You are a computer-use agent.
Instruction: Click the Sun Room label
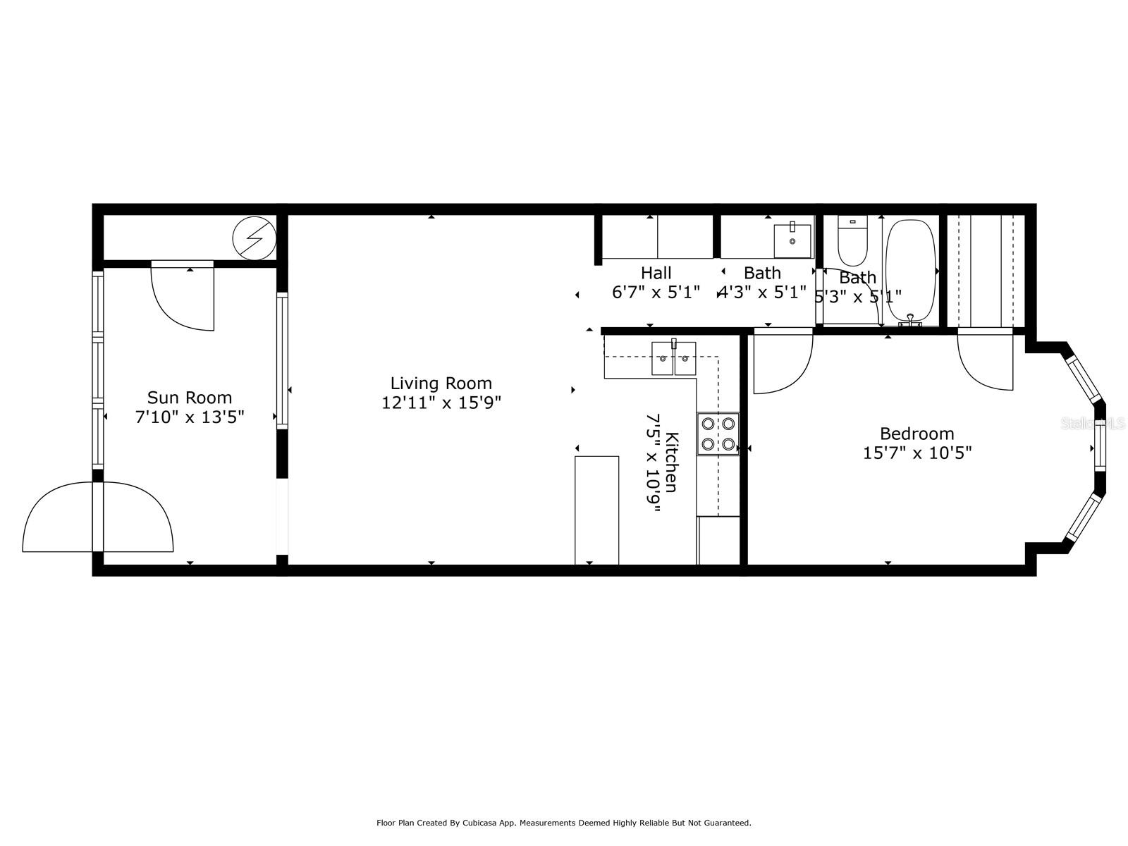click(x=189, y=398)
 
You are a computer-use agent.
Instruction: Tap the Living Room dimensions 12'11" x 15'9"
click(x=441, y=403)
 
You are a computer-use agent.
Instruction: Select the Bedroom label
click(x=916, y=434)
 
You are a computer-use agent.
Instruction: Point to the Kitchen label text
click(x=672, y=462)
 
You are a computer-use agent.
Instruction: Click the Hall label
click(x=656, y=273)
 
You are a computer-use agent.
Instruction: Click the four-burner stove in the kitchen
click(x=718, y=434)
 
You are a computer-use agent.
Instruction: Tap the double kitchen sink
click(x=673, y=359)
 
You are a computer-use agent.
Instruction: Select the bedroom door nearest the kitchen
click(x=783, y=363)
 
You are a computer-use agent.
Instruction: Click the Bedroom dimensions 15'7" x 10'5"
click(x=916, y=453)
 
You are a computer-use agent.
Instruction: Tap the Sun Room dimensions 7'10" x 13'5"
click(x=189, y=417)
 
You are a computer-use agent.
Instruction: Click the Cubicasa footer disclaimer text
click(x=563, y=823)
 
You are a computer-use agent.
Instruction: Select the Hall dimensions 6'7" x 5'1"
click(x=656, y=293)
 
